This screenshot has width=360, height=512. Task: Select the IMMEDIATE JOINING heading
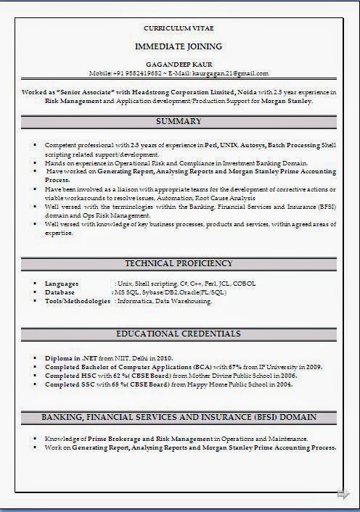[x=179, y=46]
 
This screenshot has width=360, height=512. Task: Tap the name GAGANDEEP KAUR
[x=179, y=64]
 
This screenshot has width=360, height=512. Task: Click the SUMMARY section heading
[x=179, y=121]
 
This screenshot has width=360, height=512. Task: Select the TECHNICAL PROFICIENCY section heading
[x=179, y=263]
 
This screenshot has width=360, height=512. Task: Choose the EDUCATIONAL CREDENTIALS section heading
[x=179, y=334]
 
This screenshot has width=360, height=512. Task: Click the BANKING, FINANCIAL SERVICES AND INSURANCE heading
[x=179, y=418]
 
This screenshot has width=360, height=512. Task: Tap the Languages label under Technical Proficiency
[x=62, y=283]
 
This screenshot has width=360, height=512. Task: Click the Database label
[x=60, y=292]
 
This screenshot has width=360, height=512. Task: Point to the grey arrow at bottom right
[x=343, y=494]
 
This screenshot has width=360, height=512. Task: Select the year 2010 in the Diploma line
[x=164, y=358]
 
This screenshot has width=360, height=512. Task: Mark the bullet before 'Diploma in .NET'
[x=35, y=358]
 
